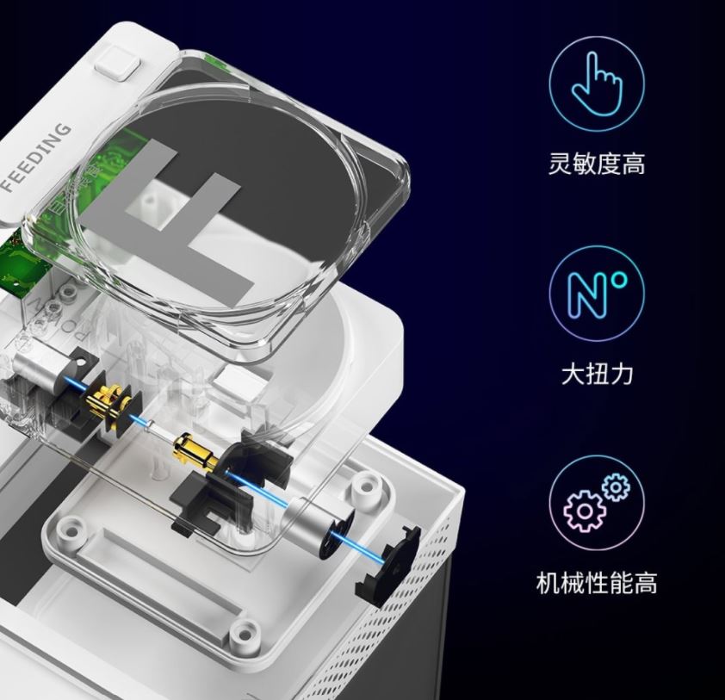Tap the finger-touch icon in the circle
[597, 84]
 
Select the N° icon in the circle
[597, 293]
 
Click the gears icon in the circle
[597, 503]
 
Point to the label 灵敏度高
[597, 163]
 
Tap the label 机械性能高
[597, 583]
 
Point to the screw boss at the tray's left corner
[70, 527]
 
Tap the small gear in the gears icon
[616, 487]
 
